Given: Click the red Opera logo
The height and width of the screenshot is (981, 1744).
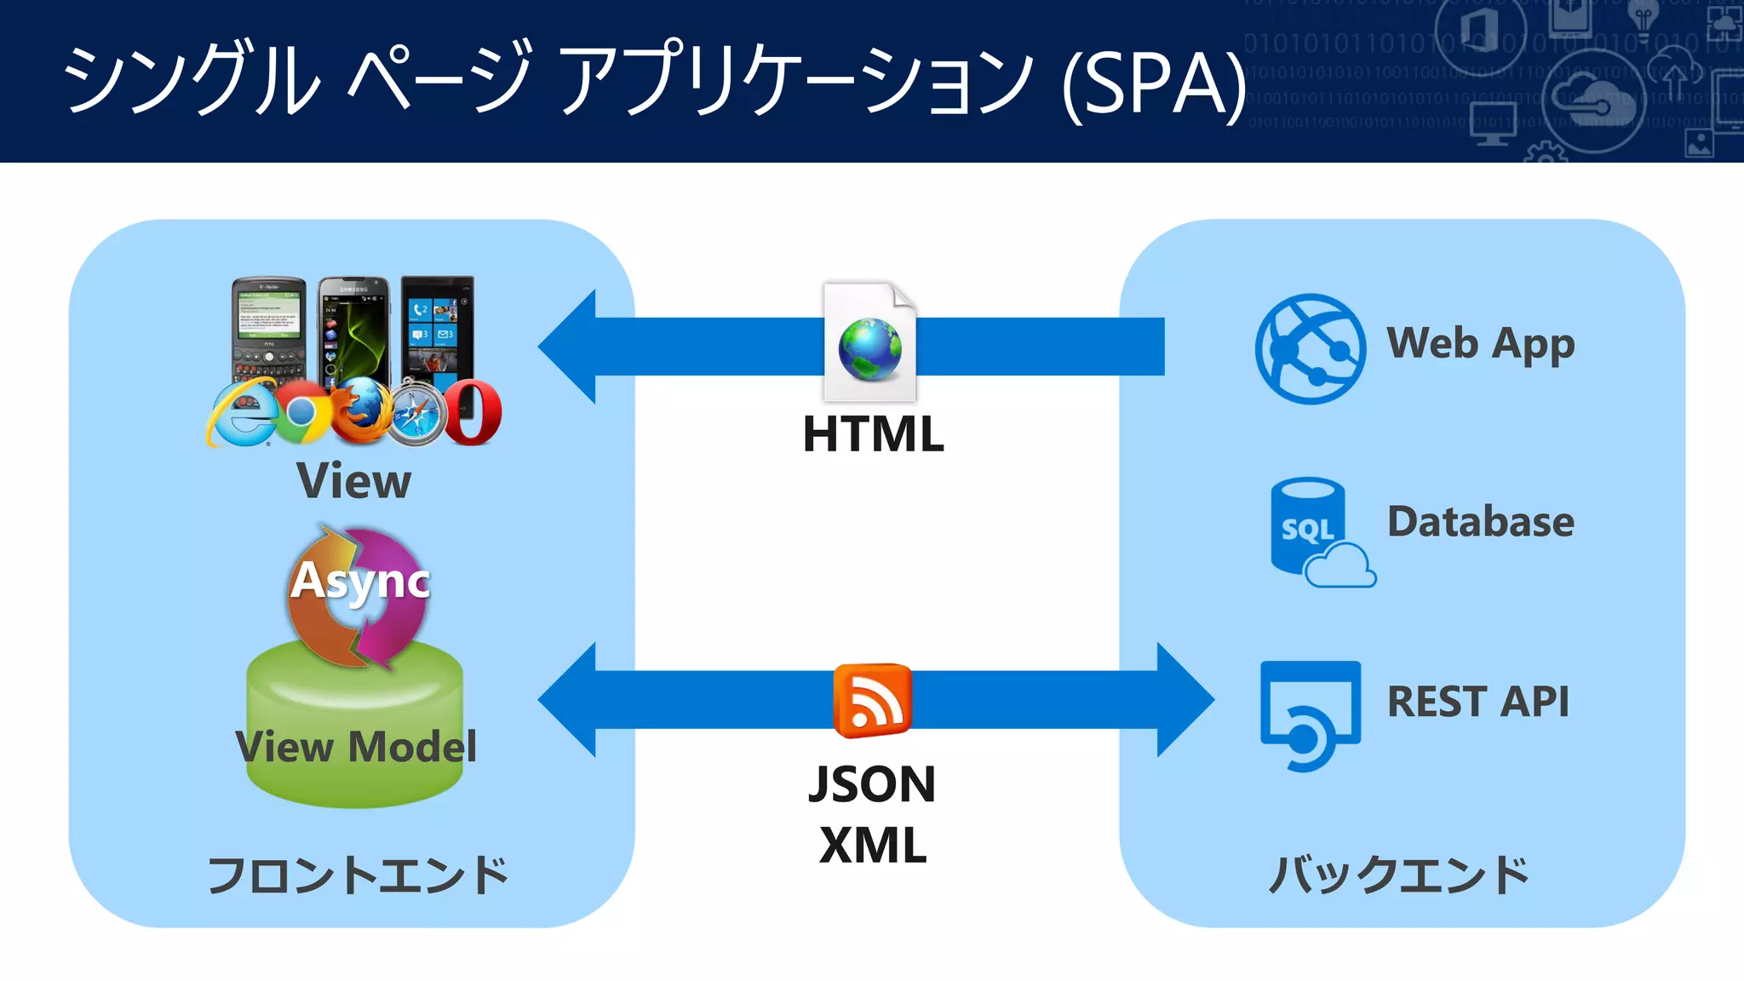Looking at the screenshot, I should pos(472,413).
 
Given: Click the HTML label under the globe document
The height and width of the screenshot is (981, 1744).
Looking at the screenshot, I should pos(873,434).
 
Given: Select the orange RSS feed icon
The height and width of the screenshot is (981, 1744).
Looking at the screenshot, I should pos(872,700).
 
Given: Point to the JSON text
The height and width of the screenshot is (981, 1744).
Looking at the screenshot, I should pos(872,784).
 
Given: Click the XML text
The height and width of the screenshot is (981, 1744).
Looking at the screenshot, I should pos(873,846).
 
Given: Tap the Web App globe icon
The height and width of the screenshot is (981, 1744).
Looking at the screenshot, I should pos(1310,348).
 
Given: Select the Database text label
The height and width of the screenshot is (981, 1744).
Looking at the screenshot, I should pos(1480,522).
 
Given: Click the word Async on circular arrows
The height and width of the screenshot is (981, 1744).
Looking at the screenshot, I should pos(360,582).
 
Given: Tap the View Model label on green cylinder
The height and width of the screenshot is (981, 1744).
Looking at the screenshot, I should pos(356,748).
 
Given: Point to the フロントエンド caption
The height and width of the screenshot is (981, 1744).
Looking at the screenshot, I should pos(358,875).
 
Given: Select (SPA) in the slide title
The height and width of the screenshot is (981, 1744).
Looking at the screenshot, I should pos(1154,83).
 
